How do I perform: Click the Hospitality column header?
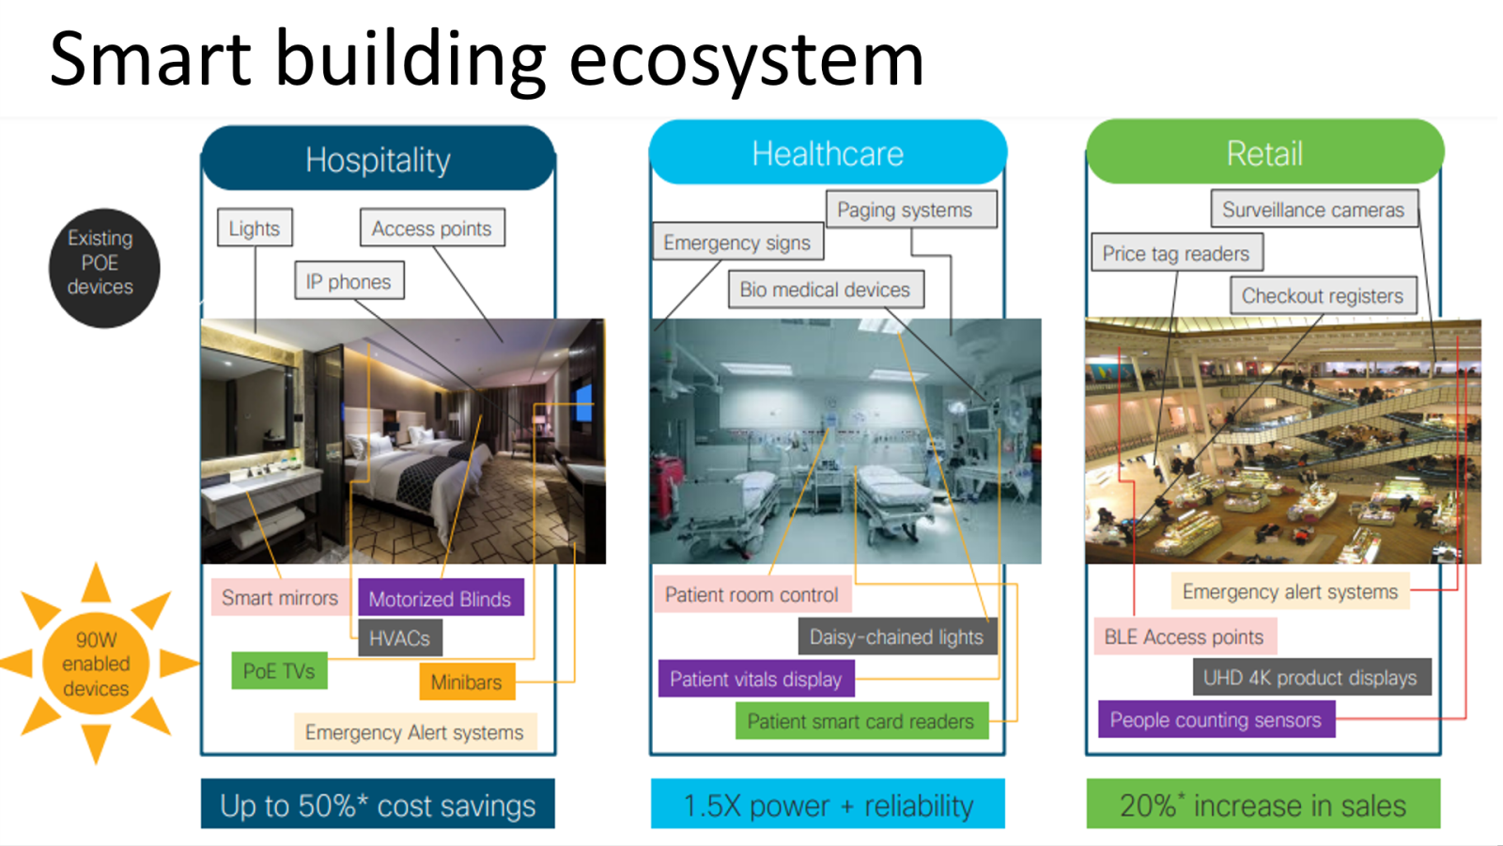pos(378,160)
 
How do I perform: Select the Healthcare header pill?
pos(828,153)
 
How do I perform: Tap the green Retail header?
pos(1264,153)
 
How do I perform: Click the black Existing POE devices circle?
pos(103,268)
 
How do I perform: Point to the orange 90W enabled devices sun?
pos(96,665)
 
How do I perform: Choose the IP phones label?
pos(349,281)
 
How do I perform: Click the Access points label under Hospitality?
pos(431,228)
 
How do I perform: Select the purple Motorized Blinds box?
pos(440,599)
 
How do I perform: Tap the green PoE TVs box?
pos(279,671)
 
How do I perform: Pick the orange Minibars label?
pos(466,682)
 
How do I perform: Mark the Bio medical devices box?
pos(825,290)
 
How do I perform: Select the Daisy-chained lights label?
pos(896,637)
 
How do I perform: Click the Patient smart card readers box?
pos(860,721)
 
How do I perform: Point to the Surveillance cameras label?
pos(1313,210)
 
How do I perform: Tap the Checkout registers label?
pos(1322,296)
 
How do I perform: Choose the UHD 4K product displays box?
pos(1310,678)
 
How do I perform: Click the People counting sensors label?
pos(1216,720)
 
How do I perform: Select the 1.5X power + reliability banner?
pos(828,805)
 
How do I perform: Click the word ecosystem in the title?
pos(746,60)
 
